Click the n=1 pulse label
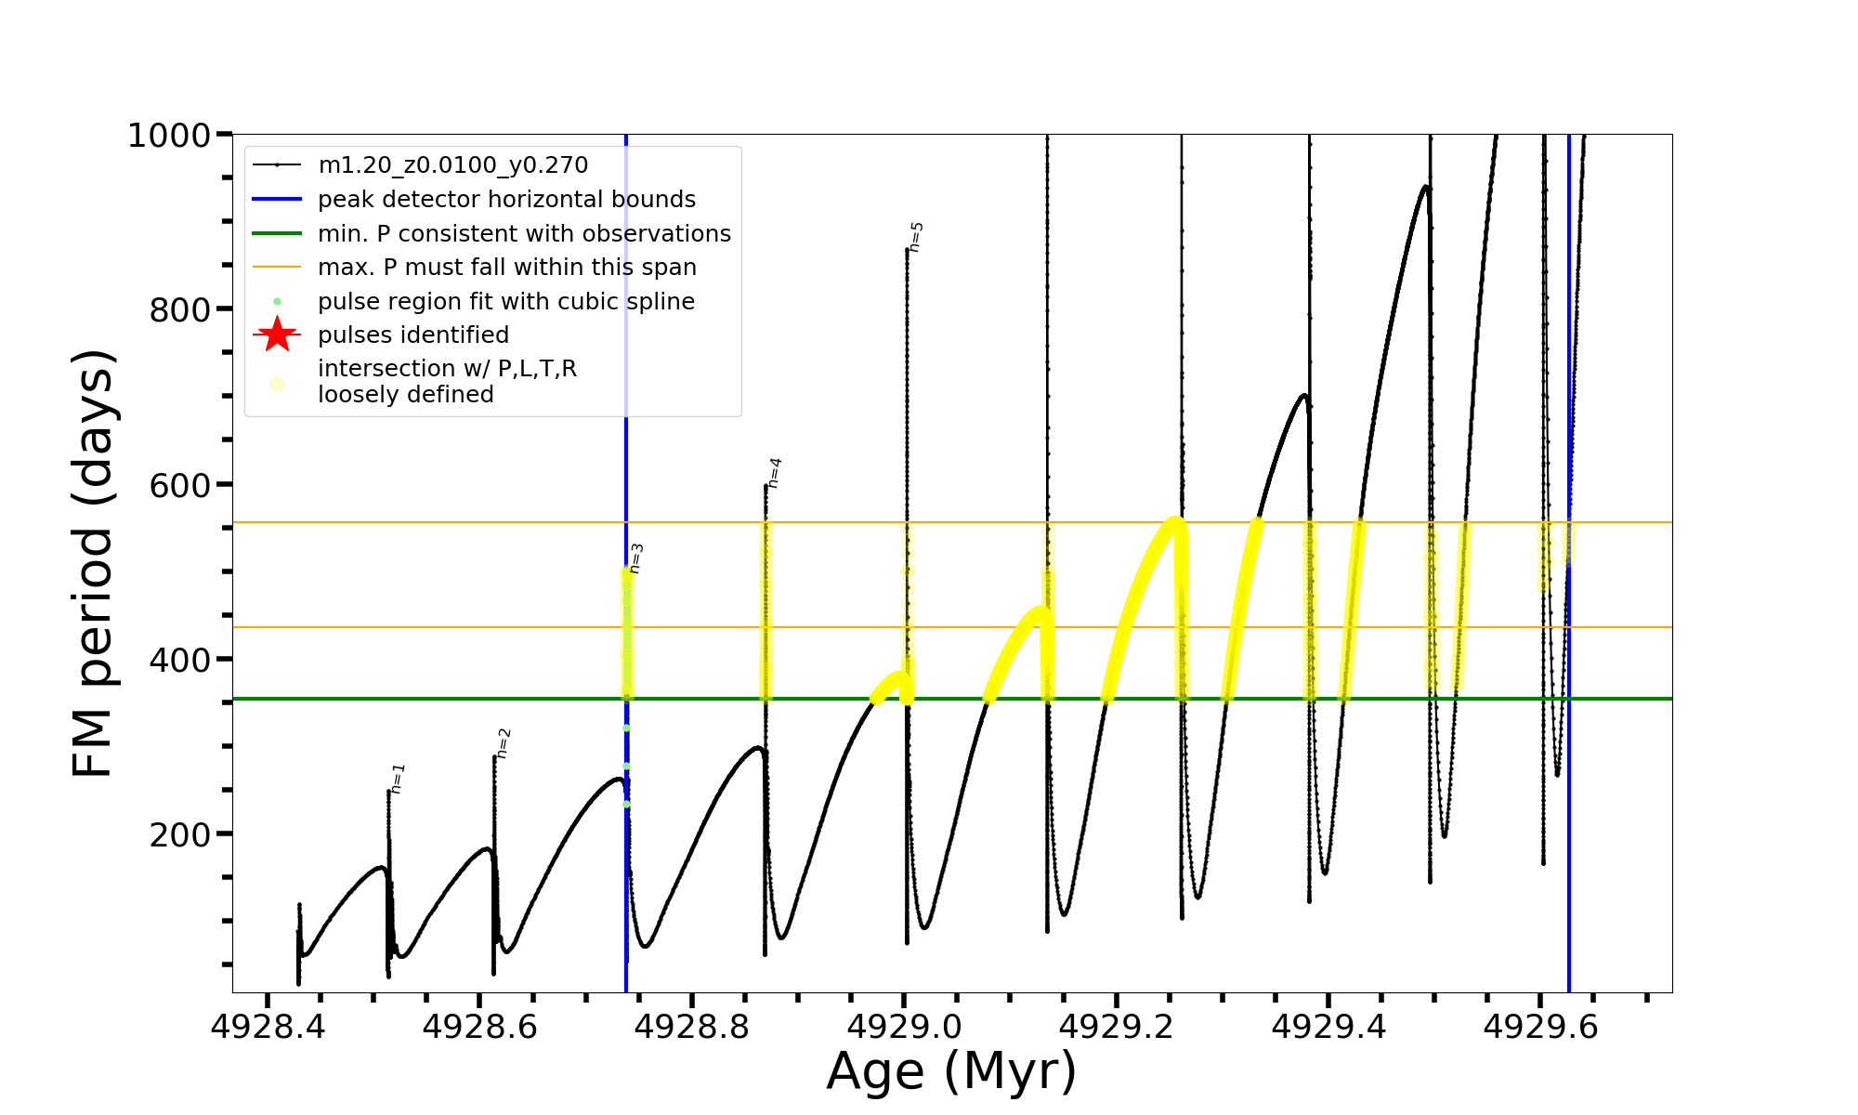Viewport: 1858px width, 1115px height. tap(399, 779)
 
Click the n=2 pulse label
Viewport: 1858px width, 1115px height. tap(504, 743)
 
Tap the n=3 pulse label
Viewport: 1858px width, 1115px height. tap(636, 558)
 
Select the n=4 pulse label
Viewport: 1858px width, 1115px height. tap(775, 473)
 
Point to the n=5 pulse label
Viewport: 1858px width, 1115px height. tap(916, 237)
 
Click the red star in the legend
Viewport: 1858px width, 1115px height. tap(277, 334)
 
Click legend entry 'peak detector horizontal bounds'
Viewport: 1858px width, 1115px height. tap(506, 200)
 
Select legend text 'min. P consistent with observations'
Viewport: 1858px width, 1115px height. tap(524, 233)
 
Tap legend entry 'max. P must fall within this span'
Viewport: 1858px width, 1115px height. tap(506, 268)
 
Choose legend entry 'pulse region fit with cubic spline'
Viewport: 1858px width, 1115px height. tap(505, 302)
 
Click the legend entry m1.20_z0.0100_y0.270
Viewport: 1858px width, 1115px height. tap(452, 165)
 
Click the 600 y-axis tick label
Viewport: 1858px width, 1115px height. tap(180, 485)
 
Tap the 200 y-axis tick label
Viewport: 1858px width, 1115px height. tap(180, 834)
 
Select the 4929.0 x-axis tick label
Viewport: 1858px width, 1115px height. tap(904, 1027)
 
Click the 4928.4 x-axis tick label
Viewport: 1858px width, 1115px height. tap(268, 1027)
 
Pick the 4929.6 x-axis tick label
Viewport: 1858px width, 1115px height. tap(1540, 1027)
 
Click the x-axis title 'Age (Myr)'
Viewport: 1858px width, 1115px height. tap(951, 1071)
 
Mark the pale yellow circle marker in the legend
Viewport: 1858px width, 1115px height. tap(277, 383)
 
